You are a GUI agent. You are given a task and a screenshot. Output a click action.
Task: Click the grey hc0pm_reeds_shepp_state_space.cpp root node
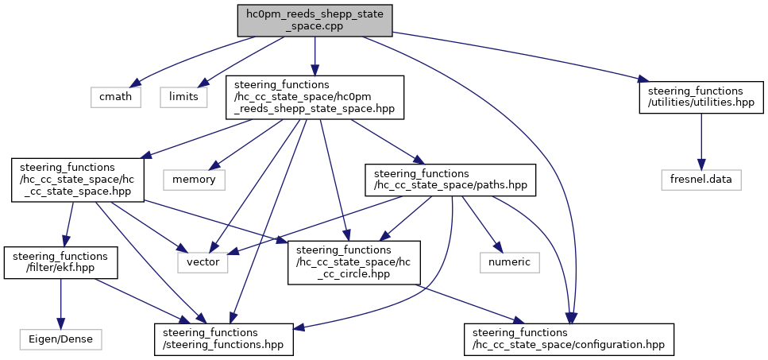coord(315,21)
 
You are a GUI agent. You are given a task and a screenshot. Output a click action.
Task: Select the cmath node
coord(116,96)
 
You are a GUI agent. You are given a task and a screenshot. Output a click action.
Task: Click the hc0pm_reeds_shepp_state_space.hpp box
coord(315,97)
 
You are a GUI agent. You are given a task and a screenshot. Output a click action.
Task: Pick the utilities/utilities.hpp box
coord(701,97)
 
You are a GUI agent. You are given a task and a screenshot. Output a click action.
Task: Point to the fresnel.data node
coord(702,180)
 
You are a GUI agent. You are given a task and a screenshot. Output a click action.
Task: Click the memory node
coord(194,180)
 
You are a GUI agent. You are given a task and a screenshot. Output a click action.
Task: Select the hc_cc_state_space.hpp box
coord(77,180)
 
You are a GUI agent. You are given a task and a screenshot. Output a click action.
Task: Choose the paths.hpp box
coord(450,180)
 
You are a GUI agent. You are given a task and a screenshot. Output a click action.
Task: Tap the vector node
coord(203,262)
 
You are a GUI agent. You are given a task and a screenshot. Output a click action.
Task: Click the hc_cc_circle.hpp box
coord(354,262)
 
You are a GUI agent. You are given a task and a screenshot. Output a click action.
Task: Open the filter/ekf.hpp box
coord(60,262)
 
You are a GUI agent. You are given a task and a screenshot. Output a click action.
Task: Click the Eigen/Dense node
coord(60,339)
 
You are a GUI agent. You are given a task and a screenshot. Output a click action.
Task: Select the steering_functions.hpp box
coord(224,339)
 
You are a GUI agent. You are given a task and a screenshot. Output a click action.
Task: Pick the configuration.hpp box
coord(569,339)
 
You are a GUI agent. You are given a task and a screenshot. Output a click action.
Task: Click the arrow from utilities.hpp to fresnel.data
coord(702,141)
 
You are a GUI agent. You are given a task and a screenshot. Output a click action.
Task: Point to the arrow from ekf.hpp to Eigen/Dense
coord(60,304)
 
